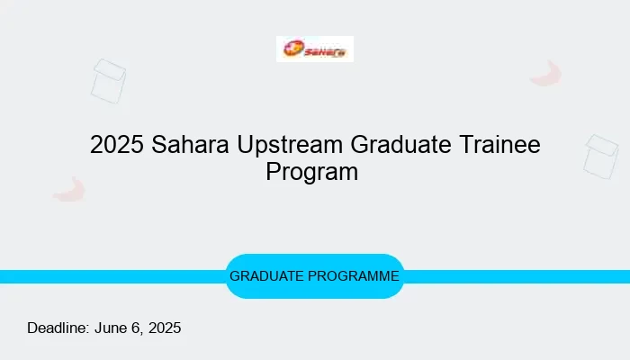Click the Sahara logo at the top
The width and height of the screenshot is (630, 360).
(x=315, y=49)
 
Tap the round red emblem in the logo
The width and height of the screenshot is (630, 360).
(x=293, y=49)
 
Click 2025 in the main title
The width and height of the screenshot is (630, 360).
(x=117, y=144)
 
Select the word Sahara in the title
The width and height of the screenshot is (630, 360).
(x=190, y=144)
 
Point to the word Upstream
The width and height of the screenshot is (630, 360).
(x=290, y=146)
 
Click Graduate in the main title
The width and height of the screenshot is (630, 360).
(x=401, y=144)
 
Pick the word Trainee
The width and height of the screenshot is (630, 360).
(x=499, y=144)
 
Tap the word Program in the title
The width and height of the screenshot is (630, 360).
(x=311, y=173)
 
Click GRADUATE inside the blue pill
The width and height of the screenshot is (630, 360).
(x=266, y=276)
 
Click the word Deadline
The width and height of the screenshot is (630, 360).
(x=58, y=328)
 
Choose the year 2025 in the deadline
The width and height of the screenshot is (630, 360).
(x=165, y=328)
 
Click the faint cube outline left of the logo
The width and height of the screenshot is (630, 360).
(x=108, y=81)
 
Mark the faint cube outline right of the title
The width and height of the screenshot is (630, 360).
(x=601, y=157)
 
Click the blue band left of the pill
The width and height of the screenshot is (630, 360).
(x=112, y=277)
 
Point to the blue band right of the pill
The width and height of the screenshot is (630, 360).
(x=517, y=277)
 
